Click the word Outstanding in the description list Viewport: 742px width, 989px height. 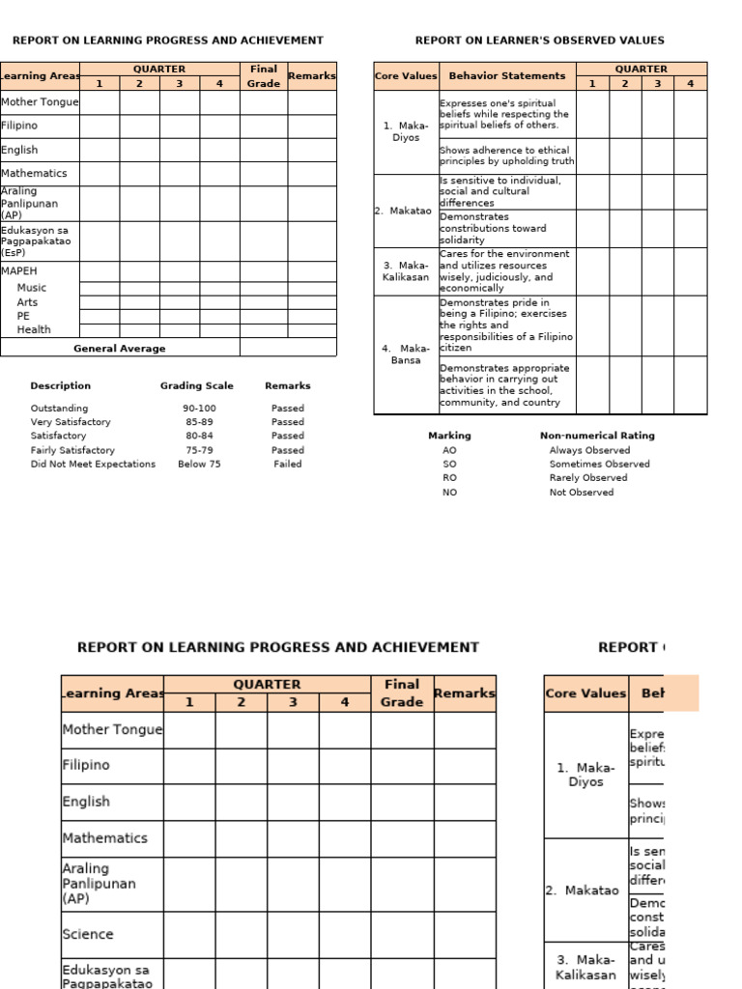[59, 409]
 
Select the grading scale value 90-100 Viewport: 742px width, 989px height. [199, 409]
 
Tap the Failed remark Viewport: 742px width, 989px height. [287, 464]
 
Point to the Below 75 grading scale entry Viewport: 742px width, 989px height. [199, 464]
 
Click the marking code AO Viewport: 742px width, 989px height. [449, 450]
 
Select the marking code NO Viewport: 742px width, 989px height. [449, 493]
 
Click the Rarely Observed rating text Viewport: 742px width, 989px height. [587, 478]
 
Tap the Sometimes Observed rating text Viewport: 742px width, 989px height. [599, 464]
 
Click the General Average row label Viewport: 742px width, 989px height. [119, 349]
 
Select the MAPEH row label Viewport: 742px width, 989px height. [19, 271]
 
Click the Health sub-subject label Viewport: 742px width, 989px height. [34, 329]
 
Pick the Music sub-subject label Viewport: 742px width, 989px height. [31, 288]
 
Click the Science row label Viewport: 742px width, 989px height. [88, 934]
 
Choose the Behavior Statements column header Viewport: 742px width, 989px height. [507, 75]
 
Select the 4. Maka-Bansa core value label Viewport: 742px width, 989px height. [406, 354]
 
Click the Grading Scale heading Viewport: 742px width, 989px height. [196, 386]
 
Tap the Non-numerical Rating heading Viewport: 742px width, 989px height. [596, 436]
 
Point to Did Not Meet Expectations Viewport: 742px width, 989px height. [93, 464]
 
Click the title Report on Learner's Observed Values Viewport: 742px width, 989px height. [539, 41]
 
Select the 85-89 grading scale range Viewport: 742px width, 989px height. [199, 422]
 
